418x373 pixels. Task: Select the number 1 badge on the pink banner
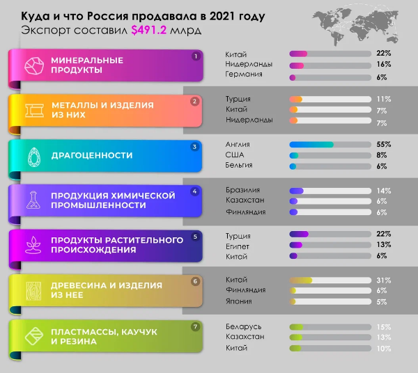196,56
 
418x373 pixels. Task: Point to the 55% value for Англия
383,144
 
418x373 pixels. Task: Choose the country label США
235,154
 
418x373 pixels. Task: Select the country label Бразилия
243,189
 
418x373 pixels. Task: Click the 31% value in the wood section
383,280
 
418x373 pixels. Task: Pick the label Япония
239,301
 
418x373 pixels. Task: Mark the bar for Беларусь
330,326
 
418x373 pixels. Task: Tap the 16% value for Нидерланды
383,64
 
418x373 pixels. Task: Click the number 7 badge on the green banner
196,326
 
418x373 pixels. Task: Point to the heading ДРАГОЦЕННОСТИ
91,156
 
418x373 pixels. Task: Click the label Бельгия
239,166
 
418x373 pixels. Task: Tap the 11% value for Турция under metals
383,99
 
